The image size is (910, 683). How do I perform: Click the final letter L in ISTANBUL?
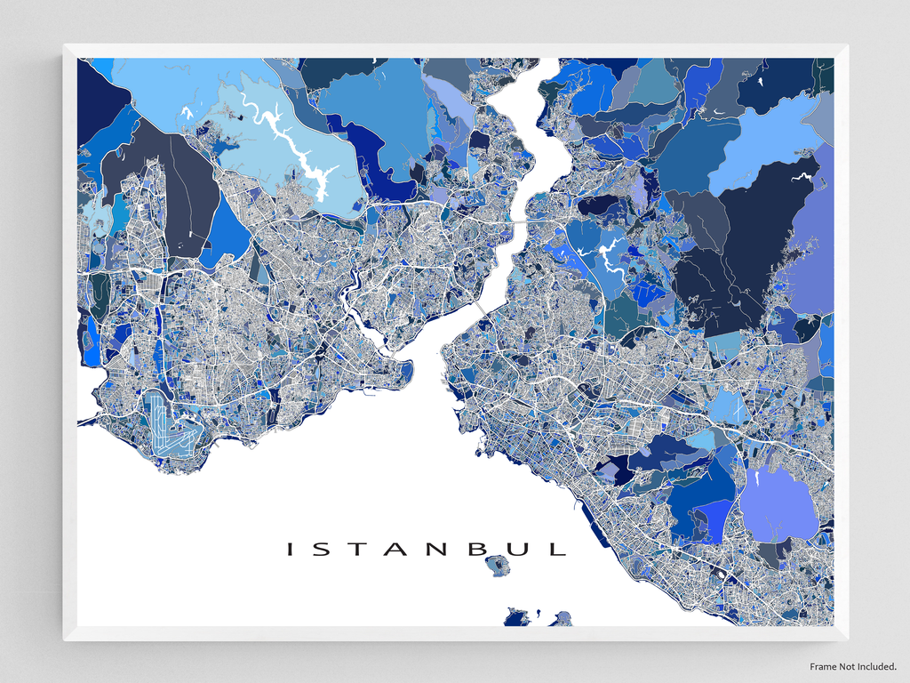(557, 550)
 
